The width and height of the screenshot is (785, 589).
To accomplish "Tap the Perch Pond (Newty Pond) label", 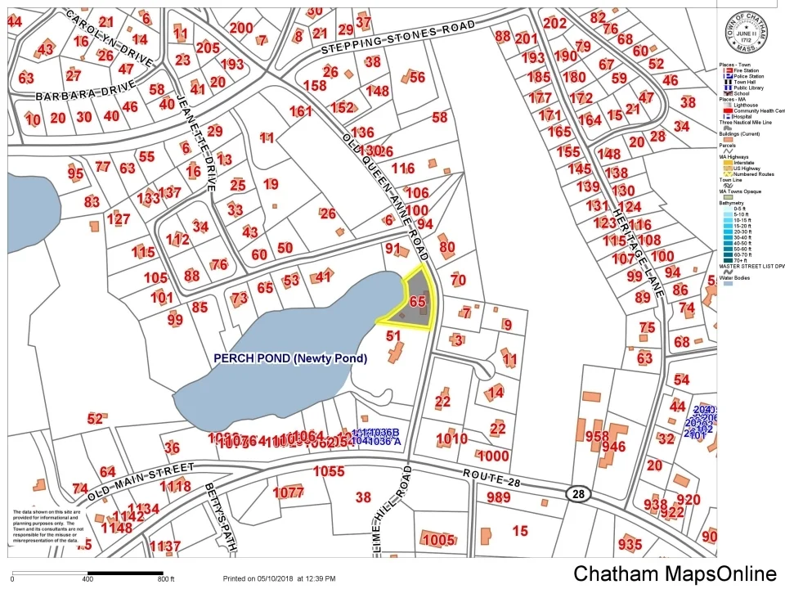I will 290,358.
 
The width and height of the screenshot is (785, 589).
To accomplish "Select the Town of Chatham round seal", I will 751,32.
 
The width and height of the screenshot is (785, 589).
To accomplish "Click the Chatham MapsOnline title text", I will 675,573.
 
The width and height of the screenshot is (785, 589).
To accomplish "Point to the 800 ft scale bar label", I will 166,579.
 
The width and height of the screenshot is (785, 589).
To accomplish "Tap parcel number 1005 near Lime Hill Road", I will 438,540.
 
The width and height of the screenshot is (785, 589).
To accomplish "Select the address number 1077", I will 289,492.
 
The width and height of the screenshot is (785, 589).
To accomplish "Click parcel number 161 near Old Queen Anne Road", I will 300,111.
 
